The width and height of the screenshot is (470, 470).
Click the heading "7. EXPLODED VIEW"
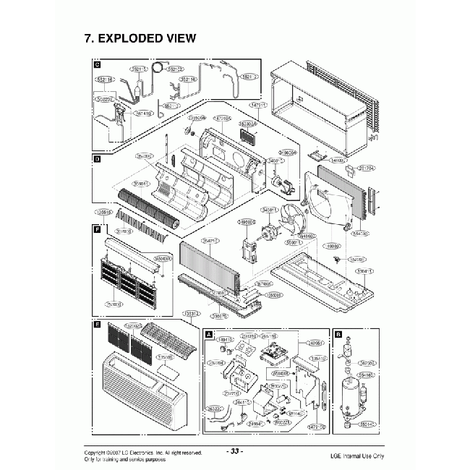(140, 38)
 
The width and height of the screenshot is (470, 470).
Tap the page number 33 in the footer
(235, 451)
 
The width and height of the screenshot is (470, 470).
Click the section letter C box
(96, 65)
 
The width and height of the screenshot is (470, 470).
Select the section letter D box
(96, 158)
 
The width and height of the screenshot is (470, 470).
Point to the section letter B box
(338, 334)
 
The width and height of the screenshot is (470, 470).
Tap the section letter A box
(209, 335)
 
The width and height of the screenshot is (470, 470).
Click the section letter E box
(96, 325)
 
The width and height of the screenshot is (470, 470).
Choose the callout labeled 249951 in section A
(315, 344)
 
